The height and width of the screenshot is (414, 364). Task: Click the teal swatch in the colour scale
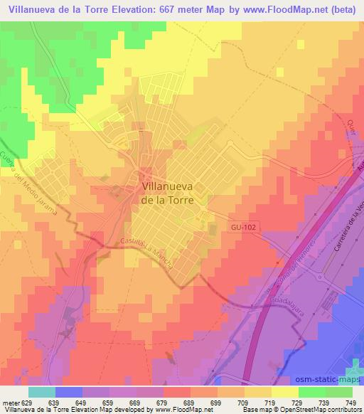42,391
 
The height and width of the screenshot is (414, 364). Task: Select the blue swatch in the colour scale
68,391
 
